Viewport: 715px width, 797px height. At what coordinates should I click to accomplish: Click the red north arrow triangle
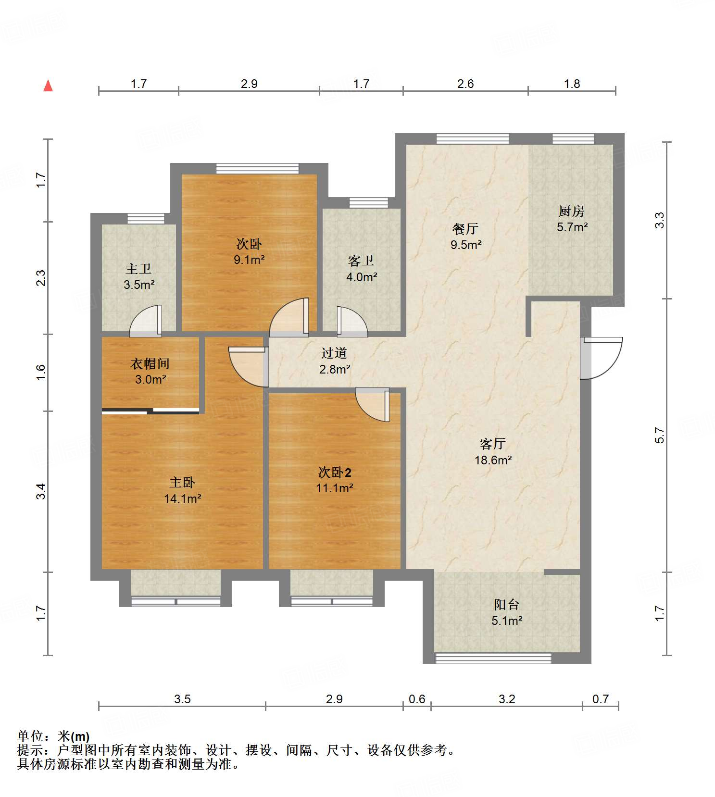pyautogui.click(x=48, y=86)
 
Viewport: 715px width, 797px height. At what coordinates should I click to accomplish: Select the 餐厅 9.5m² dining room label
pyautogui.click(x=465, y=237)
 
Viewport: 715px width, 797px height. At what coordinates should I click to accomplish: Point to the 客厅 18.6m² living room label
pyautogui.click(x=493, y=452)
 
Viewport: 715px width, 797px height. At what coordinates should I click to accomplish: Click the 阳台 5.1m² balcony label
pyautogui.click(x=507, y=612)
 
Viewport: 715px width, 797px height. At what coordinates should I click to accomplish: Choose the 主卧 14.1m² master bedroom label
pyautogui.click(x=182, y=490)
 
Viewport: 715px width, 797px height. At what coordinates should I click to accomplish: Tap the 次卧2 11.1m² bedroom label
pyautogui.click(x=335, y=480)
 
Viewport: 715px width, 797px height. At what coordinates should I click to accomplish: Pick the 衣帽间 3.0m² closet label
pyautogui.click(x=150, y=371)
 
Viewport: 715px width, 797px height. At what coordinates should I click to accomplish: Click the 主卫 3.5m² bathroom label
pyautogui.click(x=138, y=276)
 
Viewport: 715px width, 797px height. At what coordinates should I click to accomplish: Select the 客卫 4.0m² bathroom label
pyautogui.click(x=361, y=269)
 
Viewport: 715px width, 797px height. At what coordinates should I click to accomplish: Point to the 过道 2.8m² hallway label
pyautogui.click(x=334, y=361)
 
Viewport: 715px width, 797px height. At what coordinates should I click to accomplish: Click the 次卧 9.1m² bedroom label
pyautogui.click(x=249, y=251)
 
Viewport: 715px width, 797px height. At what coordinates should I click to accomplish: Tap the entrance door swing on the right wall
pyautogui.click(x=601, y=358)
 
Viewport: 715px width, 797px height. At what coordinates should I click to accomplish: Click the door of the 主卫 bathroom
pyautogui.click(x=146, y=321)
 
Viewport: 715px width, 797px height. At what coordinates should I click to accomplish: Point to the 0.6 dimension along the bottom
pyautogui.click(x=417, y=698)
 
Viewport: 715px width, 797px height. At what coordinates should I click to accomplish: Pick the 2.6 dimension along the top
pyautogui.click(x=465, y=84)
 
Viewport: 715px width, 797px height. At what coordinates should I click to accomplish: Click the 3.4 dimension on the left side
pyautogui.click(x=41, y=491)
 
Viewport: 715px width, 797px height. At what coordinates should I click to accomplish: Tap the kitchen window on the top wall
pyautogui.click(x=573, y=139)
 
